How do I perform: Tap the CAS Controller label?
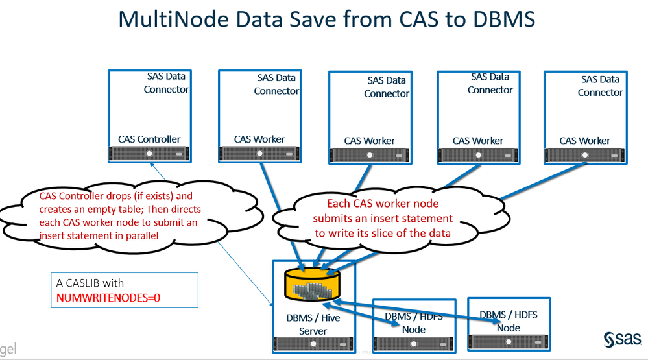tap(149, 139)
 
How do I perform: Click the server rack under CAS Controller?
tap(149, 154)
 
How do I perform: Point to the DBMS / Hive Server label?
tap(313, 324)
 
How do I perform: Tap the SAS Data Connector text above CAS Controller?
tap(167, 82)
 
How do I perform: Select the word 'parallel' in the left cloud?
tap(139, 235)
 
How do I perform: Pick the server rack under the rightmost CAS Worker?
tap(585, 155)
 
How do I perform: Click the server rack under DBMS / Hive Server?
tap(313, 344)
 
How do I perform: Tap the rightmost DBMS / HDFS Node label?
tap(509, 321)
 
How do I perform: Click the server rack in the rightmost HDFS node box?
tap(509, 341)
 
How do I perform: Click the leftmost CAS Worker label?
tap(259, 139)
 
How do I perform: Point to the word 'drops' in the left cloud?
tap(123, 195)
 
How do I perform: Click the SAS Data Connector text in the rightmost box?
tap(601, 86)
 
